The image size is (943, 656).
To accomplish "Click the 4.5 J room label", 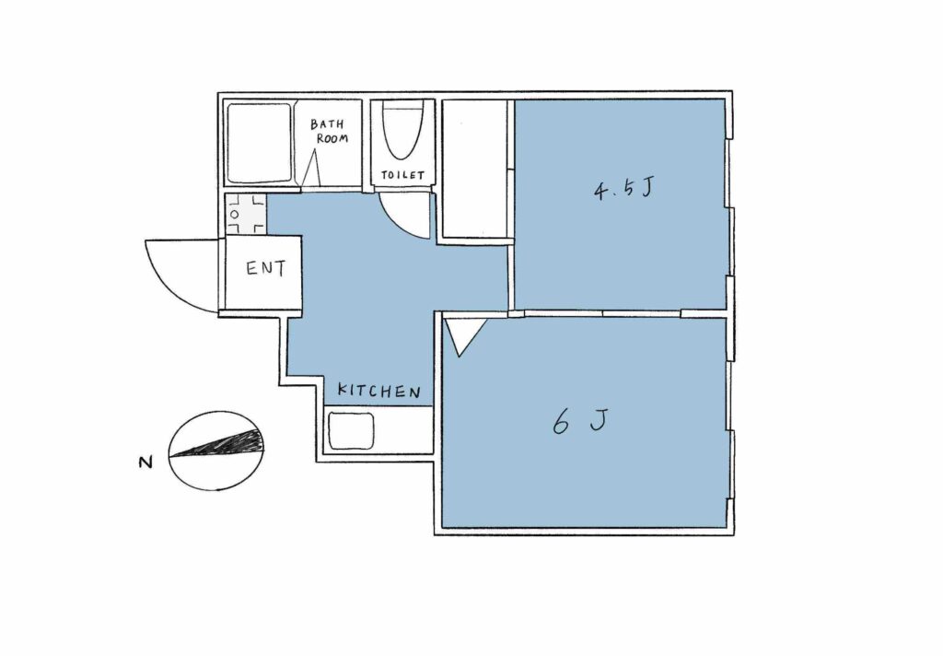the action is tap(623, 189).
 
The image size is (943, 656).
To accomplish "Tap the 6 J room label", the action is tap(580, 420).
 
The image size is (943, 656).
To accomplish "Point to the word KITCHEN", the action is tap(378, 391).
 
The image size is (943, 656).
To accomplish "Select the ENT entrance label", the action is tap(266, 268).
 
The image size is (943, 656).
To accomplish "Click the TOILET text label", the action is tap(403, 175).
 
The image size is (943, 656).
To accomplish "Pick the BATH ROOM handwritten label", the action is tap(329, 131).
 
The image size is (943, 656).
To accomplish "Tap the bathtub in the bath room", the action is tap(259, 143).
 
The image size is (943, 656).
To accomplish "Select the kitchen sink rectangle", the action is tap(351, 431).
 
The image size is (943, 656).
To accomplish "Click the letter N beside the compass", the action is tap(146, 463).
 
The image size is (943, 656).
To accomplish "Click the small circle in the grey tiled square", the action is tap(235, 215).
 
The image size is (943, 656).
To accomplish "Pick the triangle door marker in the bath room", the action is tap(311, 168).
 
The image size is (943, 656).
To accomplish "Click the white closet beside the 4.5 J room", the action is tap(474, 168).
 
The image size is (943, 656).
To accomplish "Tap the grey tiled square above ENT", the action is tap(245, 214).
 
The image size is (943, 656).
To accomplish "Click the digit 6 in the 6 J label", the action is tap(561, 422).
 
